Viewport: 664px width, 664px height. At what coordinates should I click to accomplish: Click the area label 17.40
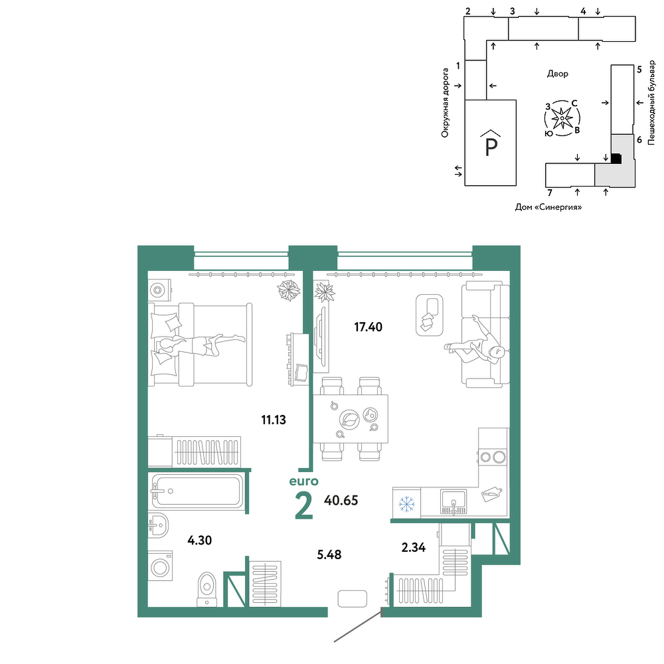[368, 327]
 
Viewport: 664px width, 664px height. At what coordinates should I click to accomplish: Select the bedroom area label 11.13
[274, 420]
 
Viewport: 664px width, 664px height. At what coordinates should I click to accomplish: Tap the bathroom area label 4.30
[199, 540]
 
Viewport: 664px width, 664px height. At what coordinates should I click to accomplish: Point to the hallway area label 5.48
[329, 554]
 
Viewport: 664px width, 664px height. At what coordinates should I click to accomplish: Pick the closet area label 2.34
[413, 548]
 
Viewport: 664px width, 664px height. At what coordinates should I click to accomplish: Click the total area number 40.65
[341, 501]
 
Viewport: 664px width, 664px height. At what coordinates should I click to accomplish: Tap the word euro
[303, 481]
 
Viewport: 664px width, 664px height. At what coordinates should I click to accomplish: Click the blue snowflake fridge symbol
[406, 504]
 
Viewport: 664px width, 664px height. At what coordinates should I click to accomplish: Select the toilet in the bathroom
[207, 589]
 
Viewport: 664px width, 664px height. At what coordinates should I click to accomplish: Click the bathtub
[197, 491]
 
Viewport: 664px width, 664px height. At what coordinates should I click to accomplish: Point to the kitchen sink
[453, 502]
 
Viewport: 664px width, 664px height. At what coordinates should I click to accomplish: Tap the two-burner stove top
[493, 457]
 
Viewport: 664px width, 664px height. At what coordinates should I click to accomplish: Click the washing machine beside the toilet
[160, 566]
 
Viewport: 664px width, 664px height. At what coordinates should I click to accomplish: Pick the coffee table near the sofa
[430, 315]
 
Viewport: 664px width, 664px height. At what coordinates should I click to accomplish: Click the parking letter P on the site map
[491, 146]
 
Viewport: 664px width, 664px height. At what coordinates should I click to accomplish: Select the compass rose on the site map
[562, 118]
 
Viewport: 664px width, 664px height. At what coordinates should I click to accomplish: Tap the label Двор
[558, 74]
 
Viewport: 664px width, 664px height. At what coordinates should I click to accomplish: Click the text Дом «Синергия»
[548, 207]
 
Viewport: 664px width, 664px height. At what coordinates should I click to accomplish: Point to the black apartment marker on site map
[616, 159]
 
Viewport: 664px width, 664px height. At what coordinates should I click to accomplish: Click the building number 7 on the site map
[550, 193]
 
